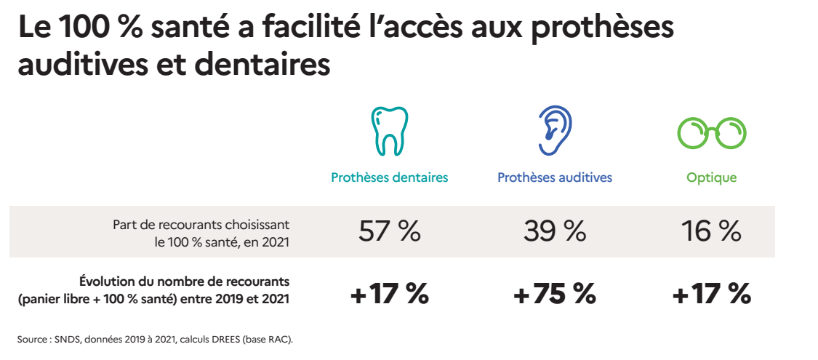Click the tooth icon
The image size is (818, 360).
point(390,132)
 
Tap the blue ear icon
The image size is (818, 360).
point(555,132)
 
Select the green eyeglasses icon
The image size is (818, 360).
point(712,134)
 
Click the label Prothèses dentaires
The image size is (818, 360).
point(390,177)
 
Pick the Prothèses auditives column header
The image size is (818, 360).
point(555,177)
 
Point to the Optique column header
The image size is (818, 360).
point(712,177)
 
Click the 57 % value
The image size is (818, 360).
point(390,231)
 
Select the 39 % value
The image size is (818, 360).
point(555,231)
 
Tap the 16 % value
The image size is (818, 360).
point(712,231)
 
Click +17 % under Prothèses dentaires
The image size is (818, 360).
point(390,295)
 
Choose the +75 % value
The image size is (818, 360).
point(555,295)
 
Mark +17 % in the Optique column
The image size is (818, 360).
point(712,295)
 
